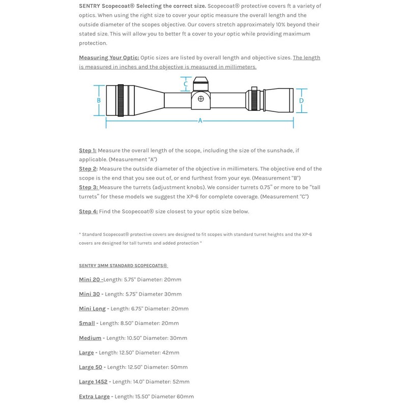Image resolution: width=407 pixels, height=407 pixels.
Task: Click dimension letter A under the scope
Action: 200,121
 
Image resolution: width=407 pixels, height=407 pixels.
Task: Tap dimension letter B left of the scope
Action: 99,100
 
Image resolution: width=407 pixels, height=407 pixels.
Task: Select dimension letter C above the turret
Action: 186,84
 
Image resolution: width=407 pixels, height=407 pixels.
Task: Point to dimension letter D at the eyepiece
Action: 301,101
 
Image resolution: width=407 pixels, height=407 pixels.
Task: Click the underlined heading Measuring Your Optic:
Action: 109,57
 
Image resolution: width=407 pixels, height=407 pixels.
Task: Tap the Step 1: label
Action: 88,151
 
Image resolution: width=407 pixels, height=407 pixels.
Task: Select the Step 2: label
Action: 88,169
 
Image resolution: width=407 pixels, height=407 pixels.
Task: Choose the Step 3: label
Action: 88,187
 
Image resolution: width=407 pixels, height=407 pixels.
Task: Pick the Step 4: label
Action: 88,212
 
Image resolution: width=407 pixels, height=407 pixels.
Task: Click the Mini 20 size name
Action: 90,279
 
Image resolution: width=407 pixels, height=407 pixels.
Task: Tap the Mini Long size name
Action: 92,309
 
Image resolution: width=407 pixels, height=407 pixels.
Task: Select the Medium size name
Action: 90,338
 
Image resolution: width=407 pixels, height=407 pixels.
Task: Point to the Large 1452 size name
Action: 93,382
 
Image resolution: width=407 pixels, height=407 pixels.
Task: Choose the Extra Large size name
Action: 94,396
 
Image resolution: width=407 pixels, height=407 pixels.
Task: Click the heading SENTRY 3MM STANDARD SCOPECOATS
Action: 123,266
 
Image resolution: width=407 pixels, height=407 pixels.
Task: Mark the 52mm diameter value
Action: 181,382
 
